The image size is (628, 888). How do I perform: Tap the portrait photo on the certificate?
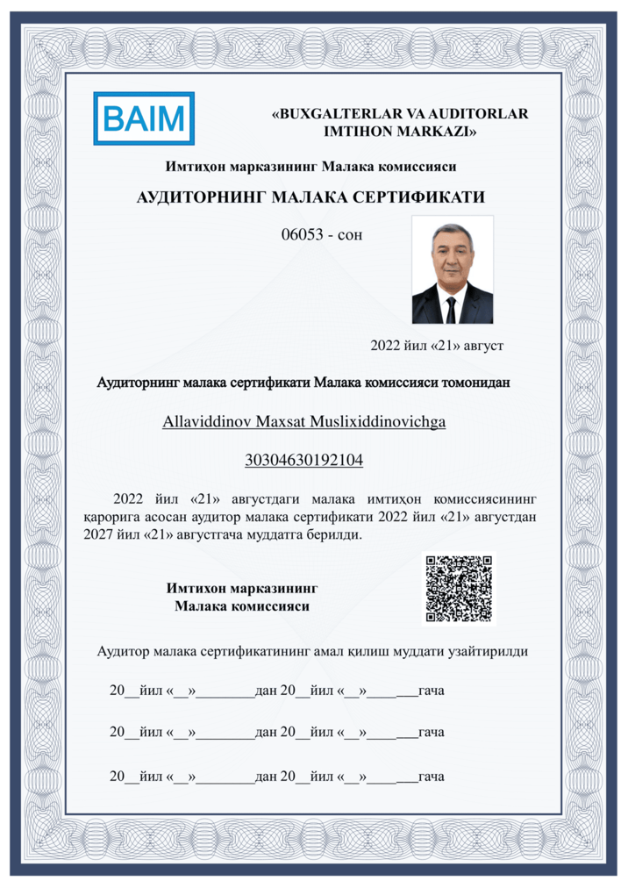[452, 270]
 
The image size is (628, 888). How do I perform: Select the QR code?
[459, 589]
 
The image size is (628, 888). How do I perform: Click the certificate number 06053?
[300, 234]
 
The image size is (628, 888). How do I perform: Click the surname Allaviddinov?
[207, 421]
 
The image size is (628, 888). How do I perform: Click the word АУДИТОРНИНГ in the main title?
[202, 197]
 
